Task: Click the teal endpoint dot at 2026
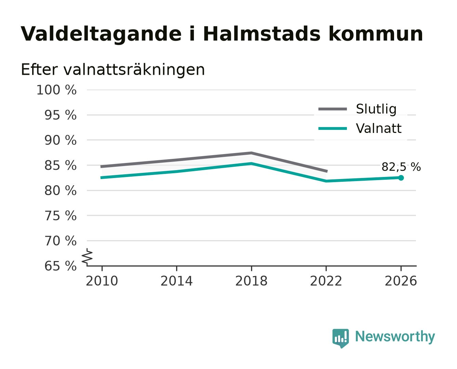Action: (x=401, y=178)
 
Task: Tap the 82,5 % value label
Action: (x=401, y=167)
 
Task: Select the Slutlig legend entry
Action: (x=357, y=109)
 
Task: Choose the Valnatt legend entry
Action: (x=360, y=128)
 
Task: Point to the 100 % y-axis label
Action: (x=56, y=90)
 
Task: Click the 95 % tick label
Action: (x=61, y=115)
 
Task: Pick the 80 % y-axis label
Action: (x=61, y=191)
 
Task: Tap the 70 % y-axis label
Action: (x=61, y=241)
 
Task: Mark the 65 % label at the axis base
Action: (x=61, y=266)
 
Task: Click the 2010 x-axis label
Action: (x=102, y=281)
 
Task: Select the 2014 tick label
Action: (x=177, y=281)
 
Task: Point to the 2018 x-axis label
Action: (x=251, y=281)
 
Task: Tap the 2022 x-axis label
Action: (x=326, y=281)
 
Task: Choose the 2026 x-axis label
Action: (x=401, y=281)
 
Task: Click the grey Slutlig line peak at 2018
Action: (x=251, y=153)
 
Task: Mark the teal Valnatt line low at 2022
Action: (x=326, y=181)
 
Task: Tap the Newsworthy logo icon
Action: (x=340, y=338)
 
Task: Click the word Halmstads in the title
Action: (x=262, y=34)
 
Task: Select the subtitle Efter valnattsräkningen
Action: (x=113, y=70)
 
